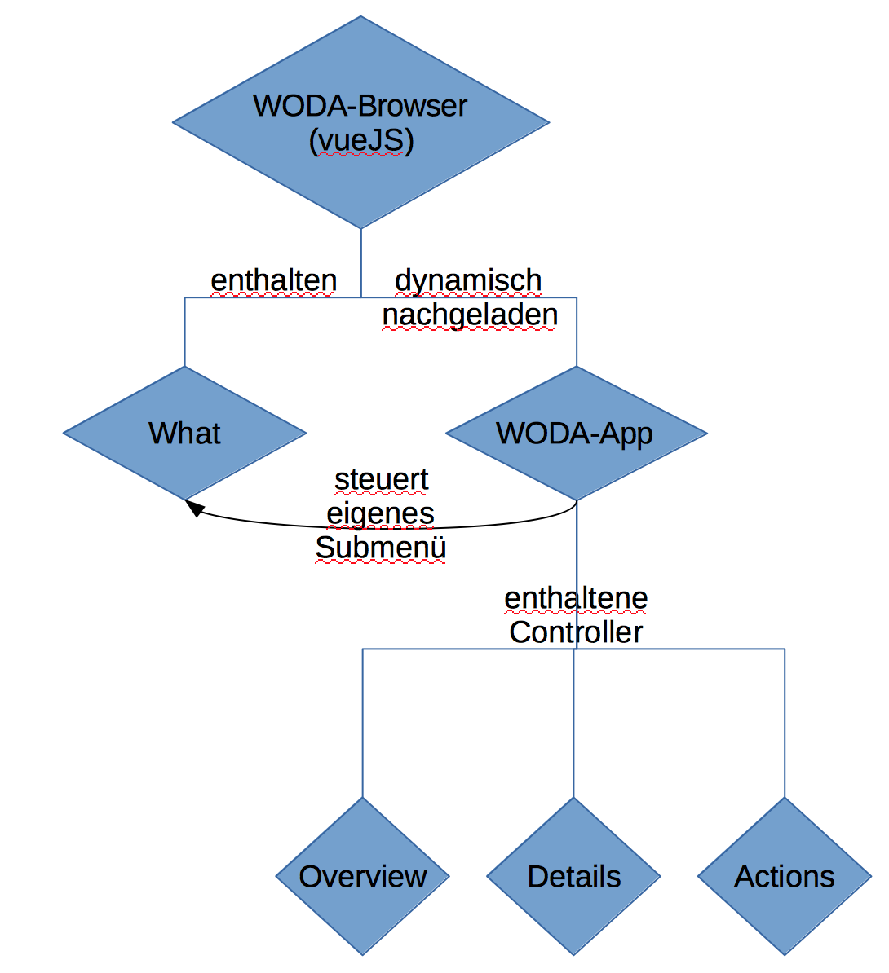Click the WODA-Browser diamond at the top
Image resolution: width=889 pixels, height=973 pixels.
[360, 179]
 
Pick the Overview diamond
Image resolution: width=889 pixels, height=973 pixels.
[362, 913]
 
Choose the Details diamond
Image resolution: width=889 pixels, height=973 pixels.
[573, 913]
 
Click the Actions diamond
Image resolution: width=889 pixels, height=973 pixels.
[785, 913]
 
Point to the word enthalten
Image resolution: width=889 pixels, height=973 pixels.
[273, 280]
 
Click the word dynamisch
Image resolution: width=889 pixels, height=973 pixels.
[468, 280]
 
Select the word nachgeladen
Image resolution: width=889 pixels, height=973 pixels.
[470, 315]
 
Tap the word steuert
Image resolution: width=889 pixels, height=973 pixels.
[381, 480]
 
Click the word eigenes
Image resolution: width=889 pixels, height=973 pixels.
[381, 514]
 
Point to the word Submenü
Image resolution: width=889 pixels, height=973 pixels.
[381, 548]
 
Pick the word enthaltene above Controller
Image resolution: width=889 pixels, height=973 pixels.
[576, 598]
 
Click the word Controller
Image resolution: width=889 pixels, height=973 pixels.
[576, 632]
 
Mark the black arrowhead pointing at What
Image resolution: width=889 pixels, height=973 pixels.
[193, 508]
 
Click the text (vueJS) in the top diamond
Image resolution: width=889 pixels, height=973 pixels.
[361, 141]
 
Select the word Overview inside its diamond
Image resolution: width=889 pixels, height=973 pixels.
[362, 877]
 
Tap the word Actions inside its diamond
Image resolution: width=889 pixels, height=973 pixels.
[785, 877]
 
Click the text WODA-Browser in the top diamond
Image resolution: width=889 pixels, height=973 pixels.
[360, 106]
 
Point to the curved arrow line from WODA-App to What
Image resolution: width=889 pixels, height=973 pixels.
[489, 525]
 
